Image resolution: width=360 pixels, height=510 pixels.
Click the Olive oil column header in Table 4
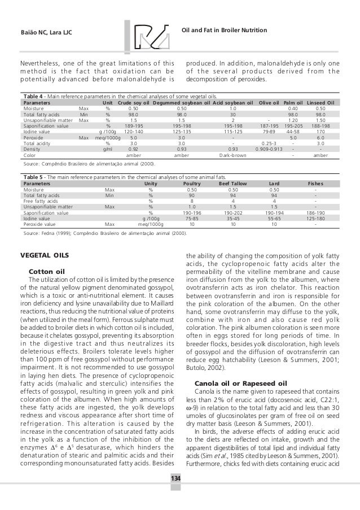click(x=269, y=103)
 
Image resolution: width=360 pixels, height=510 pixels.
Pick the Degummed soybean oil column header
click(x=182, y=103)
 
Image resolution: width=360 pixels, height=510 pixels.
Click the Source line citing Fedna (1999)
click(x=104, y=232)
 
